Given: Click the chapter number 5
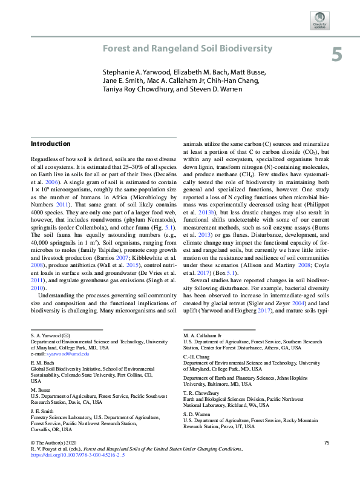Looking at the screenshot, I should coord(336,55).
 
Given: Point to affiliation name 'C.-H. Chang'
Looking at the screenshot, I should coord(195,357).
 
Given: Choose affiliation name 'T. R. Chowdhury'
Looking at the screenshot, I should coord(200,392).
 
